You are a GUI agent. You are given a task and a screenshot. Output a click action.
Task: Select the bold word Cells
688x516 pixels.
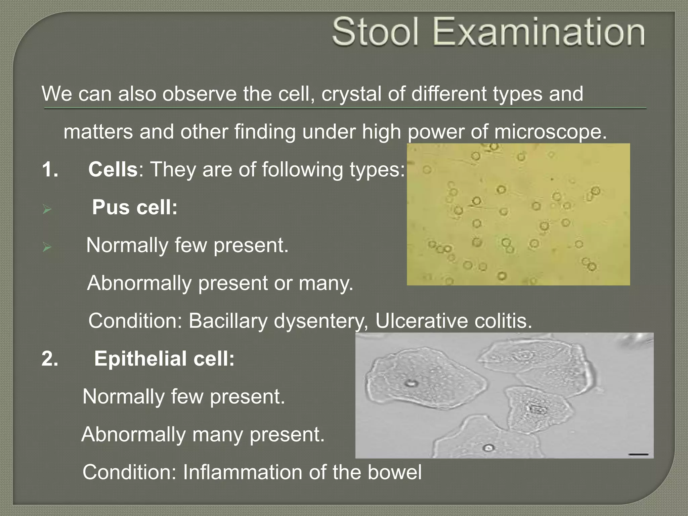coord(113,169)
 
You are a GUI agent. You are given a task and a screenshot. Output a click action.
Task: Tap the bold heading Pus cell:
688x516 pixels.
coord(135,207)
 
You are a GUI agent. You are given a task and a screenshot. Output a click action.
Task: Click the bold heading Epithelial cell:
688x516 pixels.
coord(164,358)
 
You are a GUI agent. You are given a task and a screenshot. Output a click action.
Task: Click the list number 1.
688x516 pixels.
coord(49,169)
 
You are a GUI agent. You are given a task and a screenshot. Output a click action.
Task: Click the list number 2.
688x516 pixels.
coord(50,359)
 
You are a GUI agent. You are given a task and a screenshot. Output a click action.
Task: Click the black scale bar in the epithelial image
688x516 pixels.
coord(638,455)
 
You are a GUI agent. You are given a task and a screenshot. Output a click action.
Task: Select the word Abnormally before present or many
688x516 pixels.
coord(139,283)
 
